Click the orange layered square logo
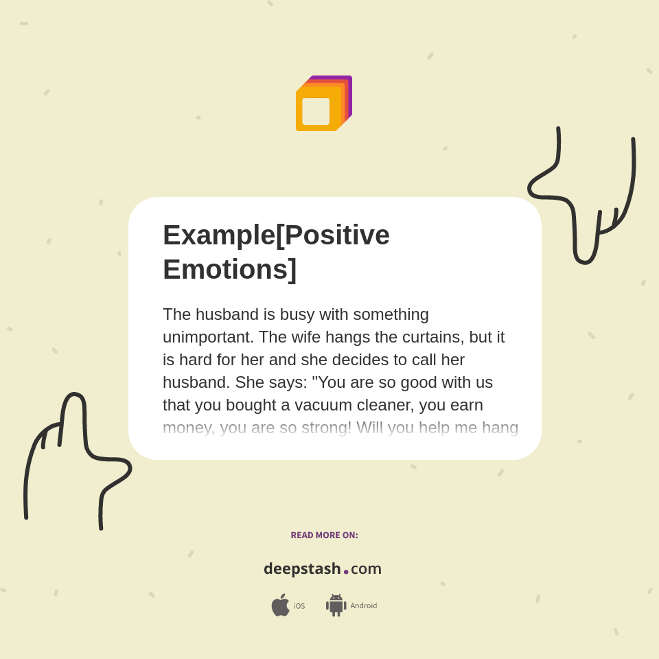(323, 103)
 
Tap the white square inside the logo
(316, 111)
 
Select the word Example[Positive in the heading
(276, 235)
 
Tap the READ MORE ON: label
(324, 535)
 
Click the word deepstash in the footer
(302, 569)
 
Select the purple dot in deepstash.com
(346, 572)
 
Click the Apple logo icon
(280, 605)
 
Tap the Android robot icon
(336, 605)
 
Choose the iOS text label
(299, 606)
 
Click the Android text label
(363, 606)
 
